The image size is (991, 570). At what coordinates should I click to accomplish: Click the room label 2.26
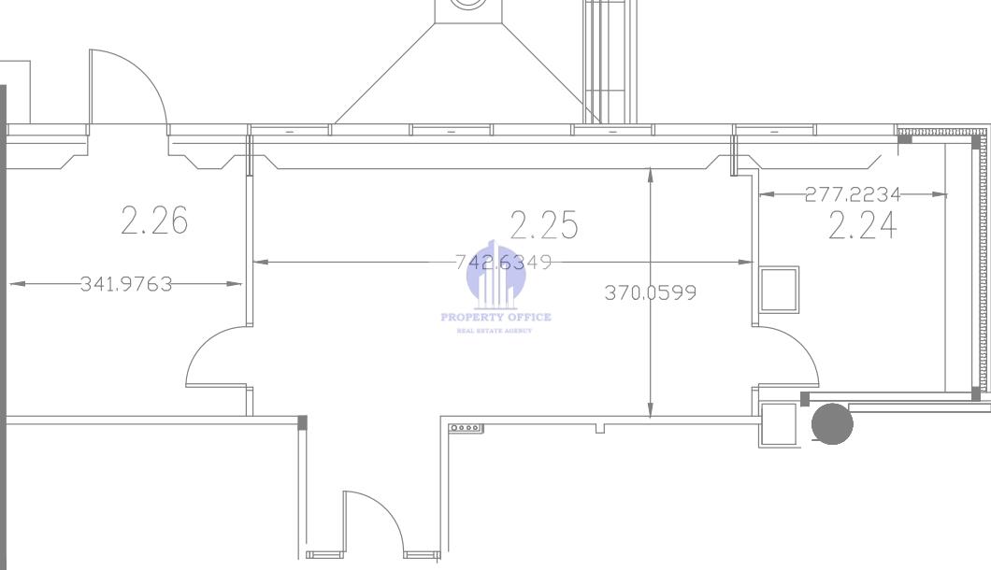(x=154, y=220)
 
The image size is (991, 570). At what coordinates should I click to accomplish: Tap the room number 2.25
(x=543, y=225)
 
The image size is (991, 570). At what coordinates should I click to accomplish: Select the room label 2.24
(x=863, y=225)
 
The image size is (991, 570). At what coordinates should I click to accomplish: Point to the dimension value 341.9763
(x=126, y=284)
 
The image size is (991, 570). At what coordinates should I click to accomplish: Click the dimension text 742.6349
(x=504, y=262)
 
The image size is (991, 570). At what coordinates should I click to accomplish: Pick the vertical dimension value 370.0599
(x=651, y=292)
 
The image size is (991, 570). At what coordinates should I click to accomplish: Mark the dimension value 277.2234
(x=853, y=194)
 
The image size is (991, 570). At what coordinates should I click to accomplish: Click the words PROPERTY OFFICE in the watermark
(x=496, y=317)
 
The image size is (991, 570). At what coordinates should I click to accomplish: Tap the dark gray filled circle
(x=832, y=423)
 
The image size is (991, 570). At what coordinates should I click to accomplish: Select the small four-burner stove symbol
(x=467, y=429)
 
